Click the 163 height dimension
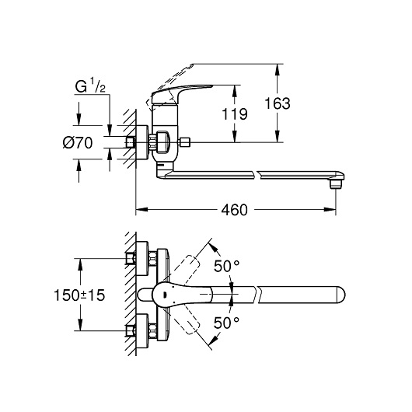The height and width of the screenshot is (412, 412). click(x=278, y=103)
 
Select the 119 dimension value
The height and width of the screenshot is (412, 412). click(x=235, y=114)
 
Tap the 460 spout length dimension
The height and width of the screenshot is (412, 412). click(x=235, y=210)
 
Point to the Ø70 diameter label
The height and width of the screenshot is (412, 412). click(x=78, y=143)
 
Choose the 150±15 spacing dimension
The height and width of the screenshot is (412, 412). click(x=79, y=295)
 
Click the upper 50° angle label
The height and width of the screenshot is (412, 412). click(x=226, y=266)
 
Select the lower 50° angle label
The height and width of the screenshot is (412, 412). click(x=226, y=323)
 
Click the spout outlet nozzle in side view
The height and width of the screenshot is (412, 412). click(x=336, y=184)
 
